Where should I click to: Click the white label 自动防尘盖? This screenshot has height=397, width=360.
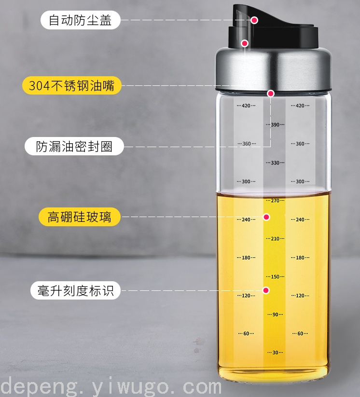pyautogui.click(x=80, y=20)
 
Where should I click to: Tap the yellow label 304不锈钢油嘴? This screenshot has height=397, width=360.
pyautogui.click(x=72, y=85)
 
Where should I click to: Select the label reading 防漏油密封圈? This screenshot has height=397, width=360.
pyautogui.click(x=74, y=146)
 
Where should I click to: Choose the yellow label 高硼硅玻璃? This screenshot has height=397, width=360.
pyautogui.click(x=80, y=217)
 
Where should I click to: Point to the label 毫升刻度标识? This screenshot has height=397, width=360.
pyautogui.click(x=75, y=290)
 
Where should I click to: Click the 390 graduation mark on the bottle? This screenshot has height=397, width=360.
pyautogui.click(x=275, y=124)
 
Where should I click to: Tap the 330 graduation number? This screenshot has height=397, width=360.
pyautogui.click(x=275, y=163)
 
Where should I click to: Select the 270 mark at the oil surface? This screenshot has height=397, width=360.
pyautogui.click(x=275, y=201)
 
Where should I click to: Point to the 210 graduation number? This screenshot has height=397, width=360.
pyautogui.click(x=275, y=238)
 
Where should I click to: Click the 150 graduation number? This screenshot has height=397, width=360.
pyautogui.click(x=275, y=276)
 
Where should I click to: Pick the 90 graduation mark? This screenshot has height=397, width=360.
pyautogui.click(x=275, y=315)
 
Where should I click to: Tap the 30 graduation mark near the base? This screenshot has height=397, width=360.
pyautogui.click(x=275, y=353)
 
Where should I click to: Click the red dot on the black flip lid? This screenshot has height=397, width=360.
pyautogui.click(x=254, y=20)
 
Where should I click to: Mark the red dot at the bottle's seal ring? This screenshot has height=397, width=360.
pyautogui.click(x=271, y=94)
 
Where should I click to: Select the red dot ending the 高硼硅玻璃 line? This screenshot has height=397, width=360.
pyautogui.click(x=266, y=217)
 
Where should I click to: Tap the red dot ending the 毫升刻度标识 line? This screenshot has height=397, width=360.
pyautogui.click(x=266, y=290)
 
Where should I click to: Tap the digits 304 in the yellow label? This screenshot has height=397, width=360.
pyautogui.click(x=39, y=85)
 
